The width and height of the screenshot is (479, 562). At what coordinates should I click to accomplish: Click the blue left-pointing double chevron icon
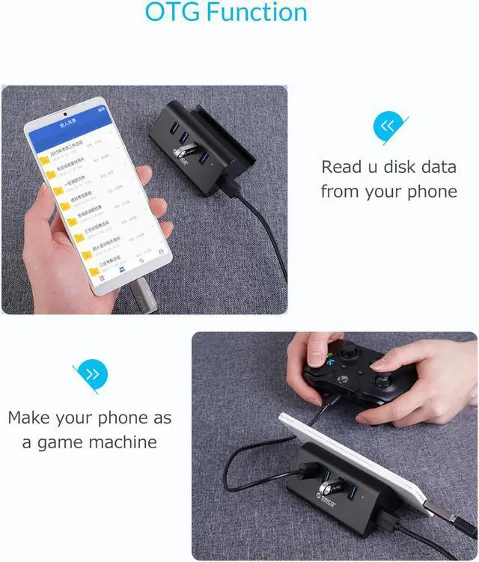[388, 126]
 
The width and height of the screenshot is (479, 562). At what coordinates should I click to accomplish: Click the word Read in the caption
[341, 167]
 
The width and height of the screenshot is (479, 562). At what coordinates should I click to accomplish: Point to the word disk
[403, 167]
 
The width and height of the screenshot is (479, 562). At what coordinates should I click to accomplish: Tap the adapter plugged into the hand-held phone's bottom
[142, 295]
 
